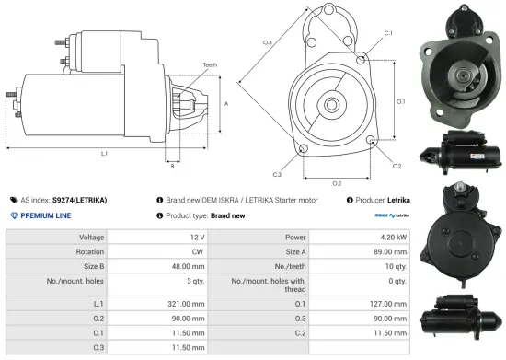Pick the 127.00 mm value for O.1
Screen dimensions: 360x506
[385, 303]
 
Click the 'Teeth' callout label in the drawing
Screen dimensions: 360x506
[209, 64]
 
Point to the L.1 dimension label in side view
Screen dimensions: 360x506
[104, 152]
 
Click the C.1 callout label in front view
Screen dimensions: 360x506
[387, 33]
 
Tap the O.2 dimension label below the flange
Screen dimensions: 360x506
[337, 183]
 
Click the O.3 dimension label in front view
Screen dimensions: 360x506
[267, 42]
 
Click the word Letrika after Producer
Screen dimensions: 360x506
[398, 200]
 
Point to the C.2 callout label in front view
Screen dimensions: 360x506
[397, 166]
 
